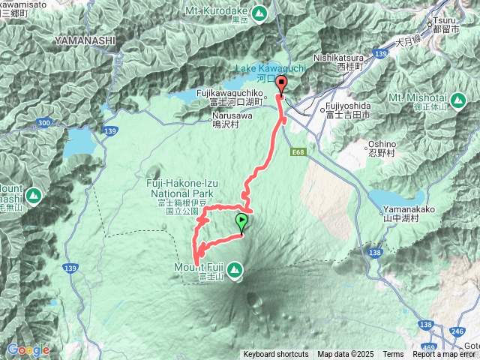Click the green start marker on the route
(241, 222)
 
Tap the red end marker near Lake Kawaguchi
(281, 84)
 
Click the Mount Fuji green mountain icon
(235, 268)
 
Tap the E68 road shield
(300, 152)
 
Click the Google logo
(28, 349)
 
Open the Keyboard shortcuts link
(275, 355)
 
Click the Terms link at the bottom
(393, 355)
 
